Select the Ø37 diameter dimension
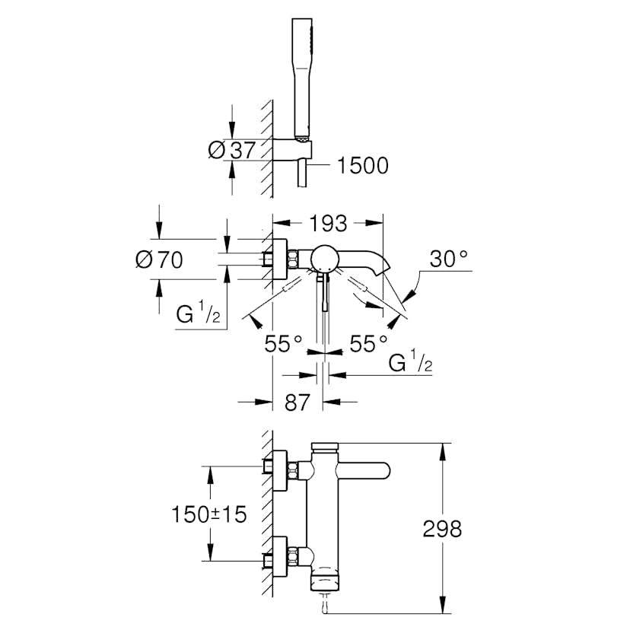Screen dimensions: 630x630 [232, 150]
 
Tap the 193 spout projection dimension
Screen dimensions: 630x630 [328, 224]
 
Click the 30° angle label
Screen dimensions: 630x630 [449, 259]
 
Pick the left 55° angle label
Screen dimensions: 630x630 [284, 344]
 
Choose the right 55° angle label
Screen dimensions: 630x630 [369, 344]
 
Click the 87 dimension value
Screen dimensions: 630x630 [297, 402]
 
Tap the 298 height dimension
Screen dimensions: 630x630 [442, 528]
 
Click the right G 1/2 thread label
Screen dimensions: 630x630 [411, 364]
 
